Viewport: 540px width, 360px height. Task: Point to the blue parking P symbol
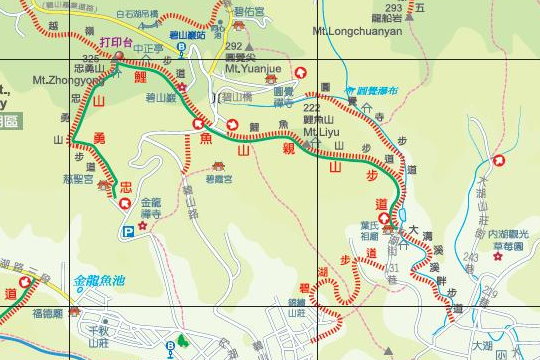tap(128, 232)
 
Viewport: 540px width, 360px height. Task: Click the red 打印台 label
tap(117, 43)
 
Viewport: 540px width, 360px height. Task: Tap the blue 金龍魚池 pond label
tap(102, 282)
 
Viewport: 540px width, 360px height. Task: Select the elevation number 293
tap(394, 7)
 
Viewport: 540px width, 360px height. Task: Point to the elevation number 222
tap(311, 106)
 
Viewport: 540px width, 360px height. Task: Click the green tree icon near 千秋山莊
tap(182, 342)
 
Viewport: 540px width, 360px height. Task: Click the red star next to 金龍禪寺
tap(143, 226)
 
